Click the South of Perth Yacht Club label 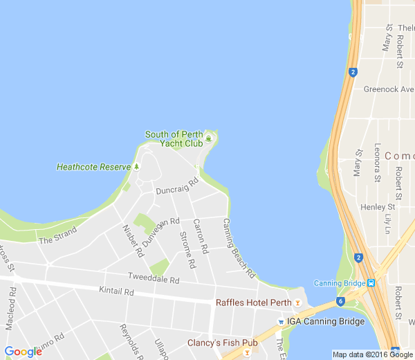pyautogui.click(x=173, y=138)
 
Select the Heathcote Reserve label pyautogui.click(x=93, y=167)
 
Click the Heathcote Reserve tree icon pyautogui.click(x=137, y=167)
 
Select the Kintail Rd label pyautogui.click(x=116, y=291)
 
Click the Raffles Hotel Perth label pyautogui.click(x=253, y=303)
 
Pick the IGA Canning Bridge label pyautogui.click(x=325, y=322)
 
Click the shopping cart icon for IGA pyautogui.click(x=280, y=322)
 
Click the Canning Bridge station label pyautogui.click(x=340, y=283)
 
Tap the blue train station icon pyautogui.click(x=372, y=282)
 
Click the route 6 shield pyautogui.click(x=340, y=301)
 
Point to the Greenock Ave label pyautogui.click(x=388, y=89)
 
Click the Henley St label pyautogui.click(x=377, y=206)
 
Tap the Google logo pyautogui.click(x=23, y=351)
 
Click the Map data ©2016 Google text pyautogui.click(x=372, y=354)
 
